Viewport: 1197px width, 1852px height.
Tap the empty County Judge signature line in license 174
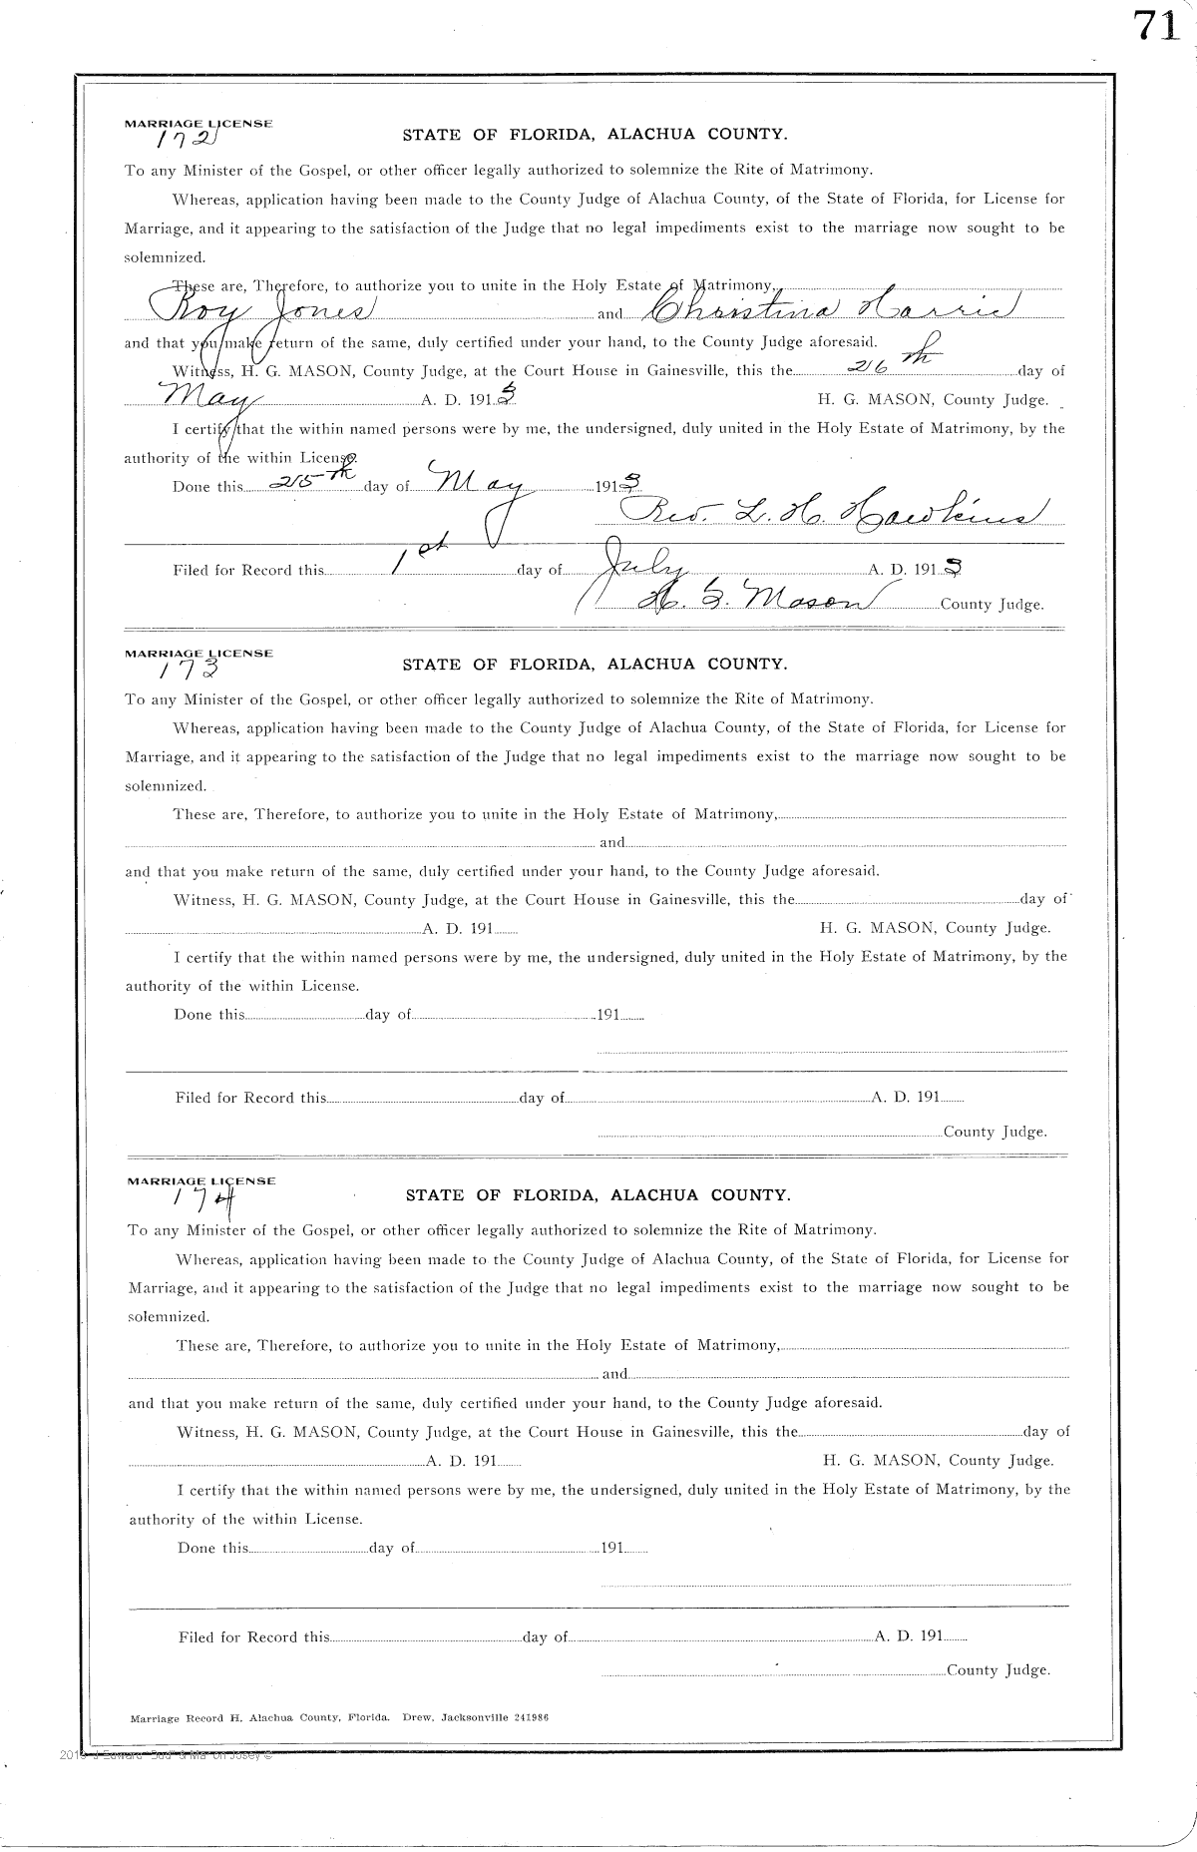(773, 1669)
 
